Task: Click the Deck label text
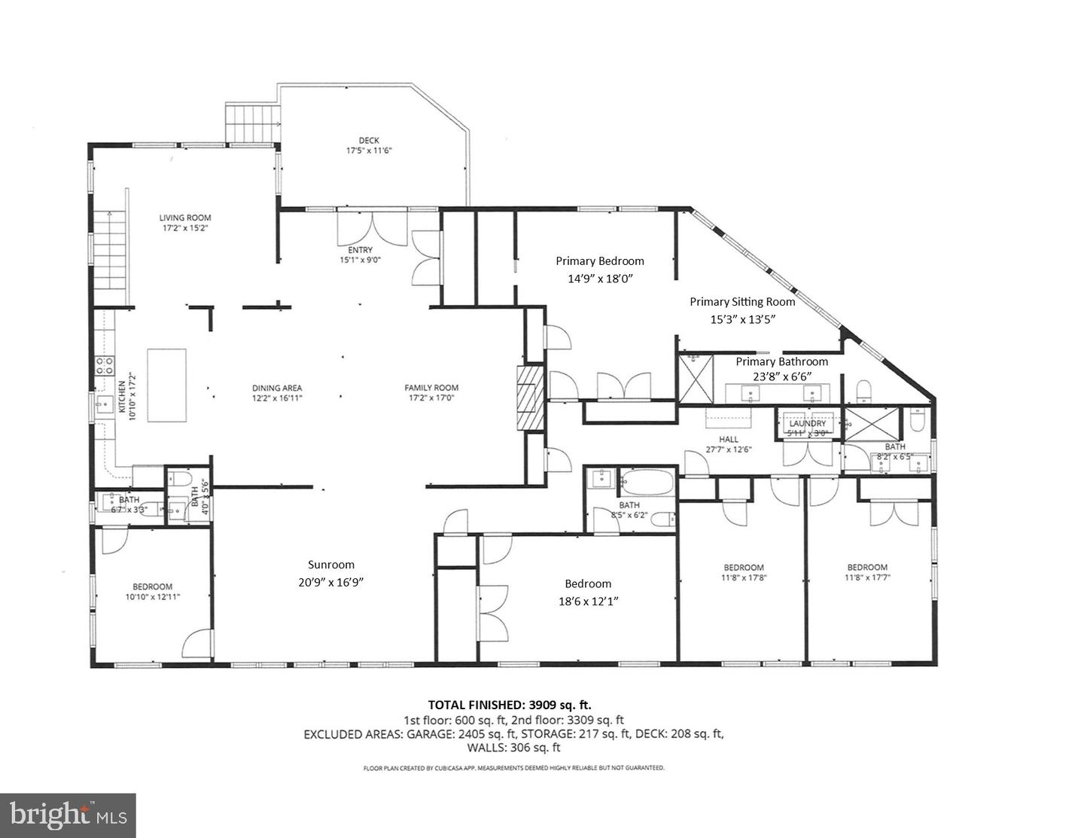tap(369, 140)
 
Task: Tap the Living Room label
tap(184, 218)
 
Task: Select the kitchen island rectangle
tap(166, 385)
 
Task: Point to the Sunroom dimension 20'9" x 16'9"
tap(331, 582)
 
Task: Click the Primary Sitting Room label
tap(742, 302)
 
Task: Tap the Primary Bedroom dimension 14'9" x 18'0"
tap(600, 278)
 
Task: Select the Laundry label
tap(808, 424)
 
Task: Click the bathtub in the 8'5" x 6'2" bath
tap(647, 482)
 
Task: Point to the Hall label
tap(728, 439)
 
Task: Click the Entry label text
tap(360, 251)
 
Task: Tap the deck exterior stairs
tap(253, 123)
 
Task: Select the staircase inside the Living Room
tap(110, 251)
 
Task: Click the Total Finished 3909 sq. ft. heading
tap(510, 705)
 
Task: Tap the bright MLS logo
tap(68, 815)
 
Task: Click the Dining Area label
tap(277, 389)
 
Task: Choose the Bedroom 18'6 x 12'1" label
tap(588, 584)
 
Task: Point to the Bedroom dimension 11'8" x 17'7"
tap(867, 577)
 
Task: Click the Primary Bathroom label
tap(781, 361)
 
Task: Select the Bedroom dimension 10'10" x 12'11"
tap(153, 596)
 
